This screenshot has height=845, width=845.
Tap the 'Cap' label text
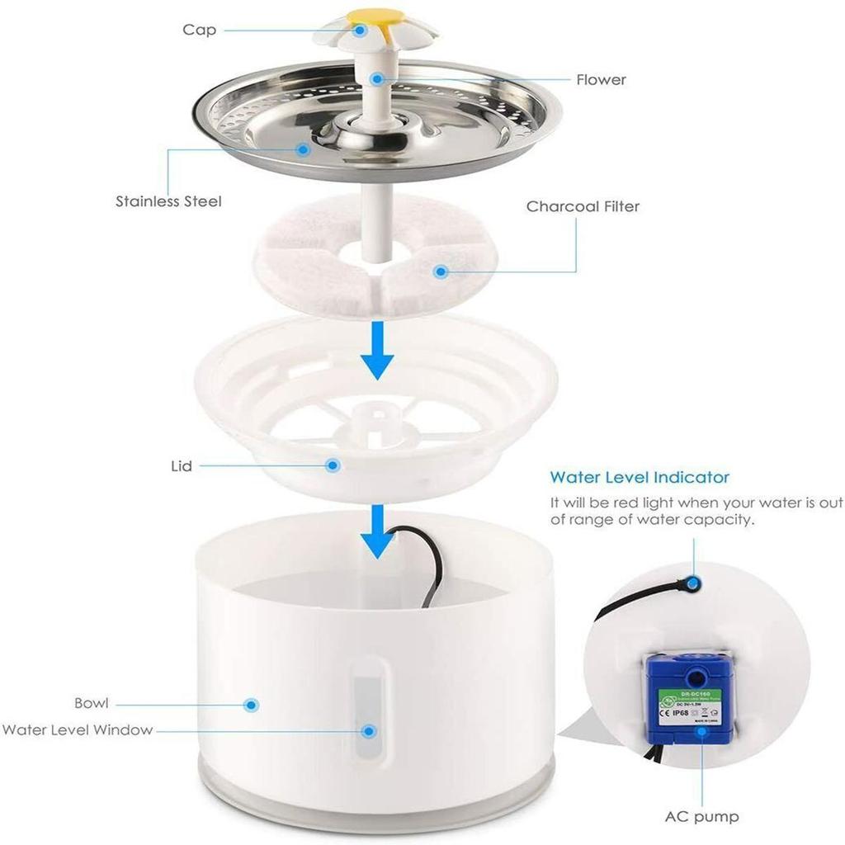point(199,31)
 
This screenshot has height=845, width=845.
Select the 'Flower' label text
point(601,80)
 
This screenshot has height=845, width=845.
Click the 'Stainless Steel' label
point(168,201)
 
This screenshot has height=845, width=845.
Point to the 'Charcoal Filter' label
point(583,206)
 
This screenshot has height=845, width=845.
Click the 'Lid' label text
point(182,466)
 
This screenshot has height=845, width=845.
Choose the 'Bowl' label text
point(91,704)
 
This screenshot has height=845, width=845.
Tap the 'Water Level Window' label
point(77,730)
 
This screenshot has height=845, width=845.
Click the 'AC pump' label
point(701,818)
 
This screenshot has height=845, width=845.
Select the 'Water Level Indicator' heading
point(640,477)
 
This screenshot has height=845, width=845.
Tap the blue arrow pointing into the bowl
point(377,532)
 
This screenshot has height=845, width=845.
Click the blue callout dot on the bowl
point(252,705)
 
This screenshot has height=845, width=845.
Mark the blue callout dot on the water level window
point(370,730)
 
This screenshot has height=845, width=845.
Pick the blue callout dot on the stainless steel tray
point(304,149)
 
